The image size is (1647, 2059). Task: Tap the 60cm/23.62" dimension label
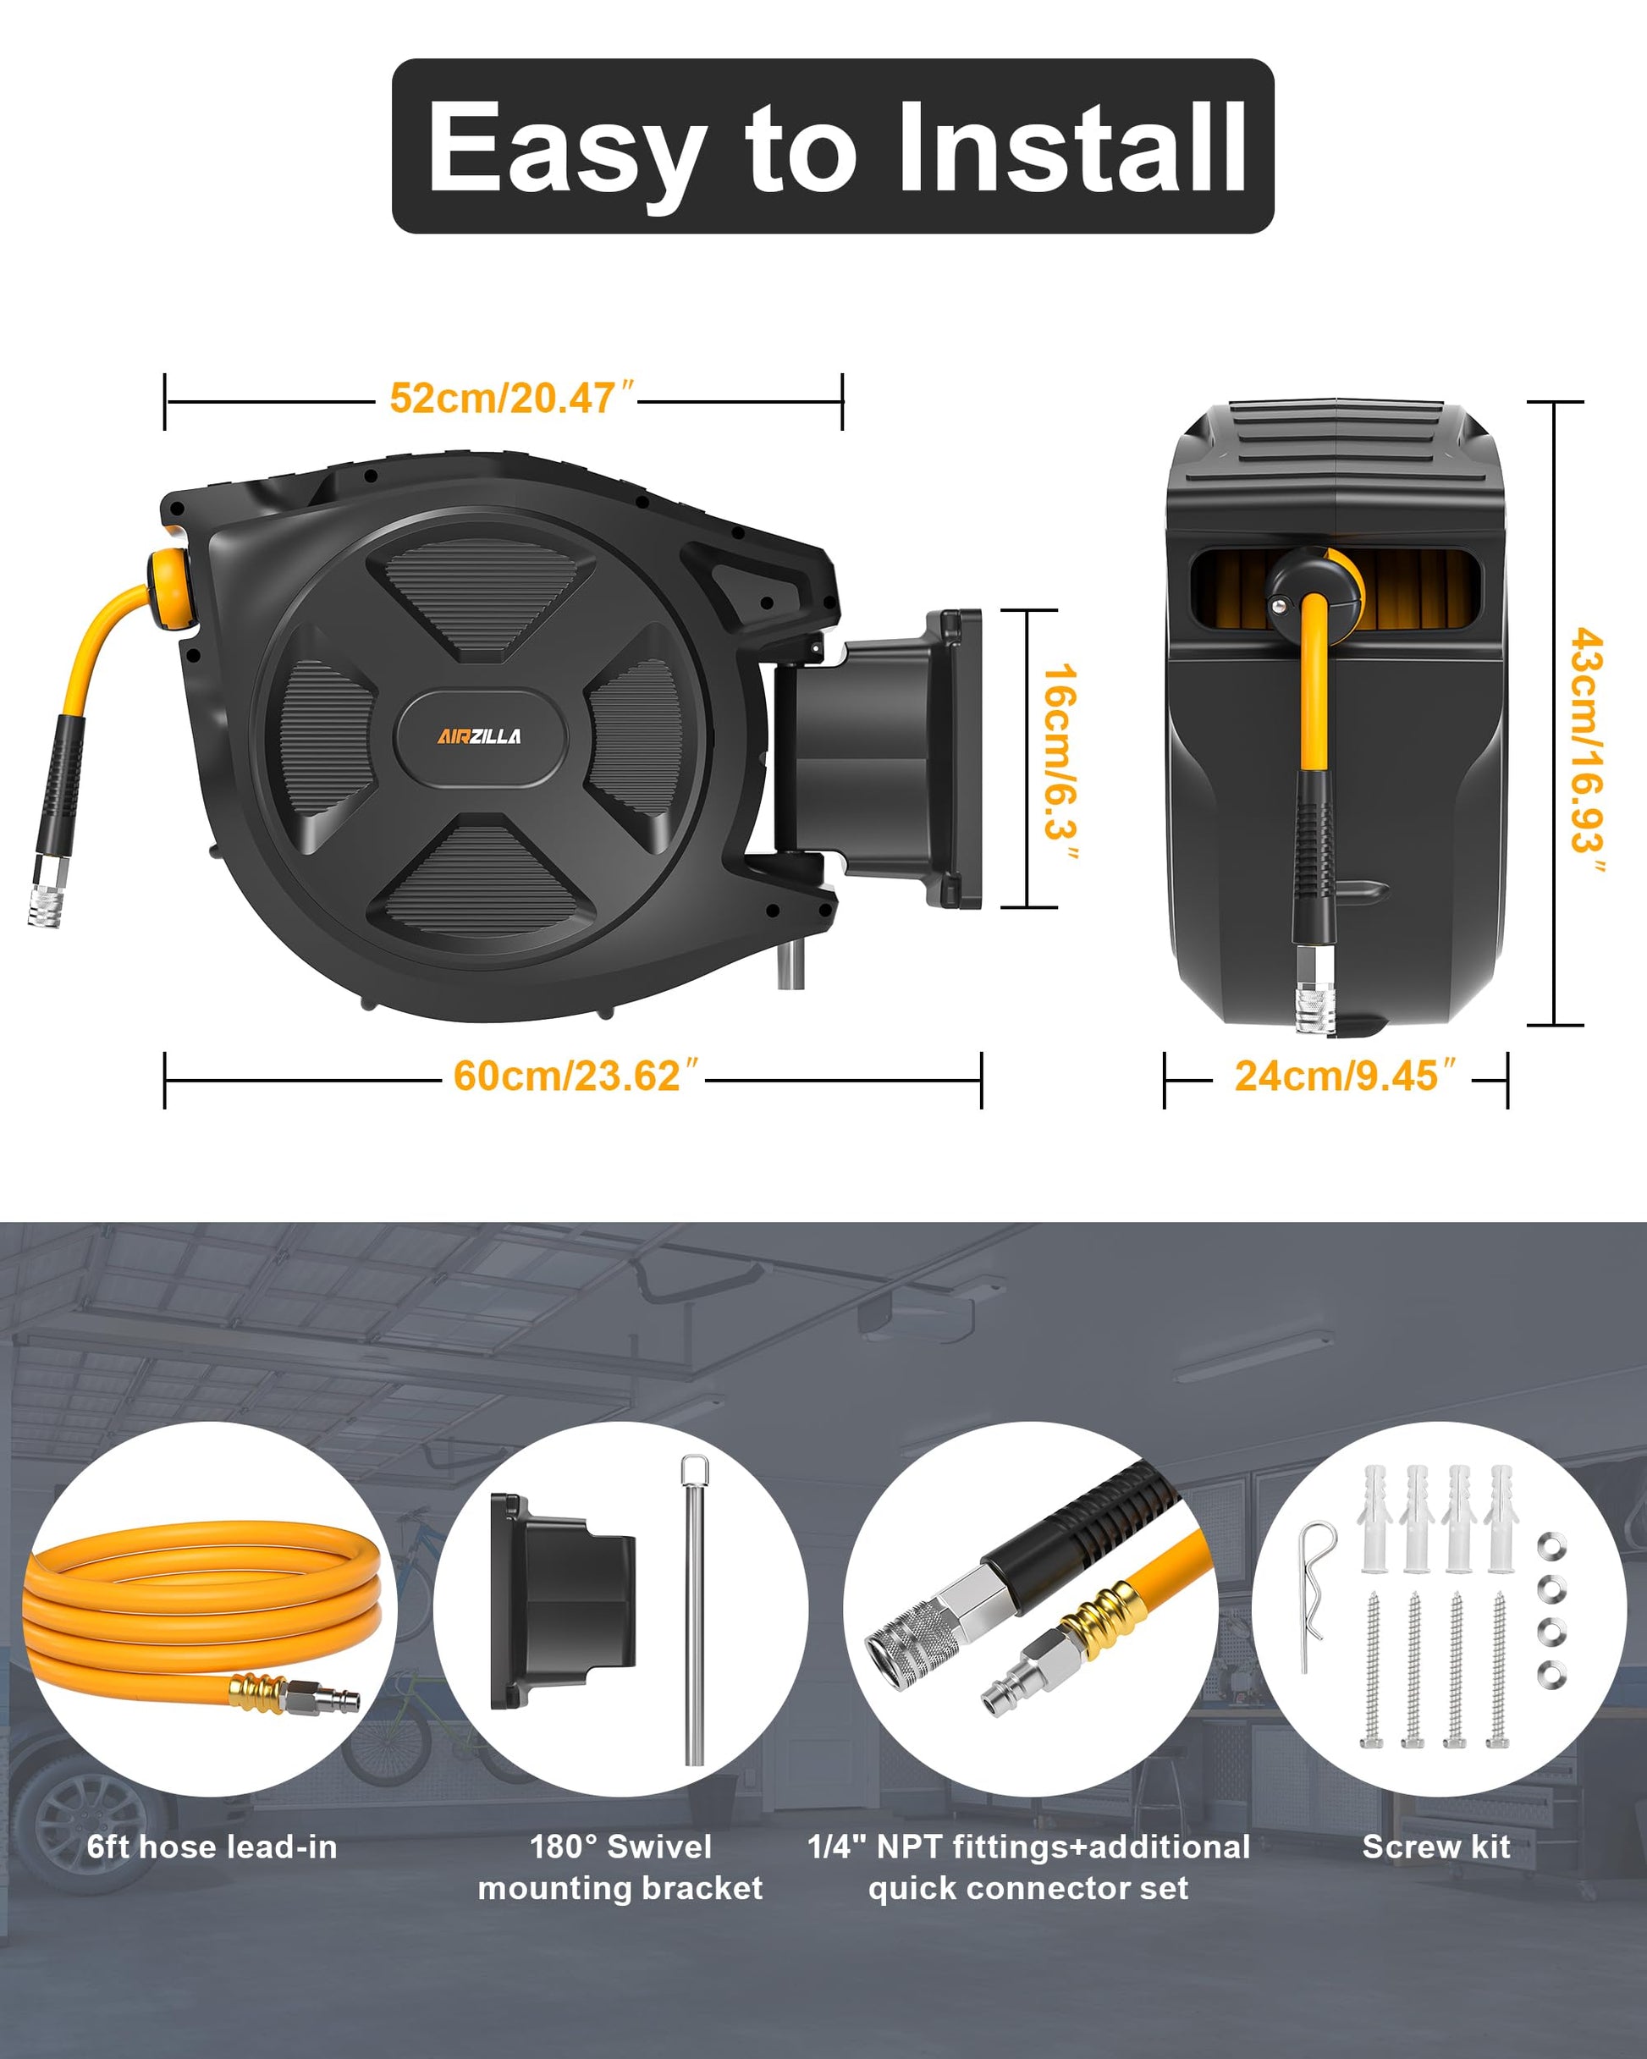(576, 1076)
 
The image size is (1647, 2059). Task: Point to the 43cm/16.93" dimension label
(1587, 750)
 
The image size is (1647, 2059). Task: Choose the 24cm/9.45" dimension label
(1345, 1076)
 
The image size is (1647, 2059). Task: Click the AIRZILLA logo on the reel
(480, 735)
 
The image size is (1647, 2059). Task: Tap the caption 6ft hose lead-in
(212, 1846)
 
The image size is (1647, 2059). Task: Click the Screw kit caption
(1436, 1846)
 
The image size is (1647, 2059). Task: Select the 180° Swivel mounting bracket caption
(620, 1867)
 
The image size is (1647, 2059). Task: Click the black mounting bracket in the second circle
(563, 1600)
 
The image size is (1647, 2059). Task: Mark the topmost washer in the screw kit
(1551, 1545)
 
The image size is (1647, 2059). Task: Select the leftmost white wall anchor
(1374, 1519)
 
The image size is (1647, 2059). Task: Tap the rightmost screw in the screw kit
(1497, 1671)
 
